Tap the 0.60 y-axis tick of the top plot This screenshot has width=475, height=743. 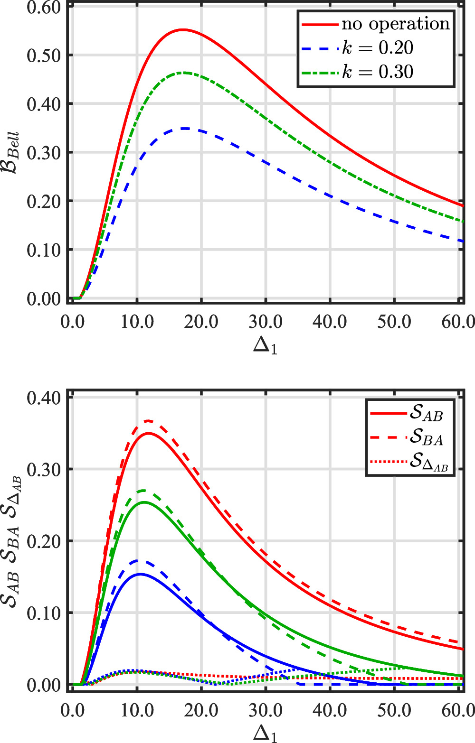click(x=44, y=7)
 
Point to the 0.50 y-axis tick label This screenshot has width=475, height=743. click(x=44, y=56)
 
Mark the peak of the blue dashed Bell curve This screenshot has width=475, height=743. click(x=185, y=129)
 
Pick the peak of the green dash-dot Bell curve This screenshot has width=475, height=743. click(x=184, y=73)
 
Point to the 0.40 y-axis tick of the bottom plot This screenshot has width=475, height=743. click(x=44, y=398)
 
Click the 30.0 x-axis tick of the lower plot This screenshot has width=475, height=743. click(x=266, y=710)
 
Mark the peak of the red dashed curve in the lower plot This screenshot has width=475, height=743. click(x=148, y=421)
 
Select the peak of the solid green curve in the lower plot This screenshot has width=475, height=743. click(x=143, y=502)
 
